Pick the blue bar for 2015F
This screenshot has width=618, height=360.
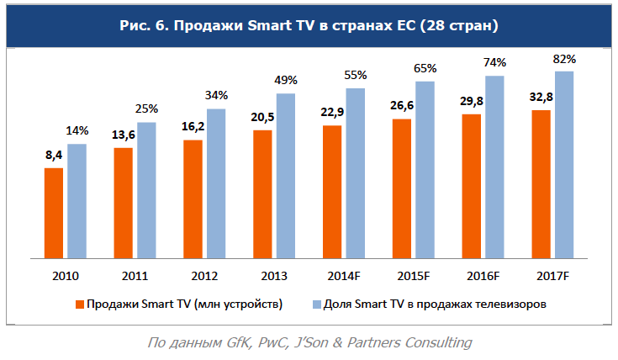coord(425,168)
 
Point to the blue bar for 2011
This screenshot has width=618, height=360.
coord(147,189)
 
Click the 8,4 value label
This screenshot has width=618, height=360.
coord(54,156)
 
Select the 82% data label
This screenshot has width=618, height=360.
coord(564,59)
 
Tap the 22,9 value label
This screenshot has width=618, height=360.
coord(332,114)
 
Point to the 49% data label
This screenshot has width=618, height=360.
coord(287,81)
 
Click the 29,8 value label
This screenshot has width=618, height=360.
coord(472,102)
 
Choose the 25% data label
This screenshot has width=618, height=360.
coord(147,109)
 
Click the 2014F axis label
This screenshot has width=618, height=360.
coord(343,276)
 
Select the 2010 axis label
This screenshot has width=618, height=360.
coord(65,276)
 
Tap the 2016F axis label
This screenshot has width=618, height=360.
coord(483,276)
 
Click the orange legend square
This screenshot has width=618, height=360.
coord(79,304)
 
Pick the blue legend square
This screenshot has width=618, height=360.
coord(316,304)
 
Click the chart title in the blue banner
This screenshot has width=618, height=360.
coord(309,26)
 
